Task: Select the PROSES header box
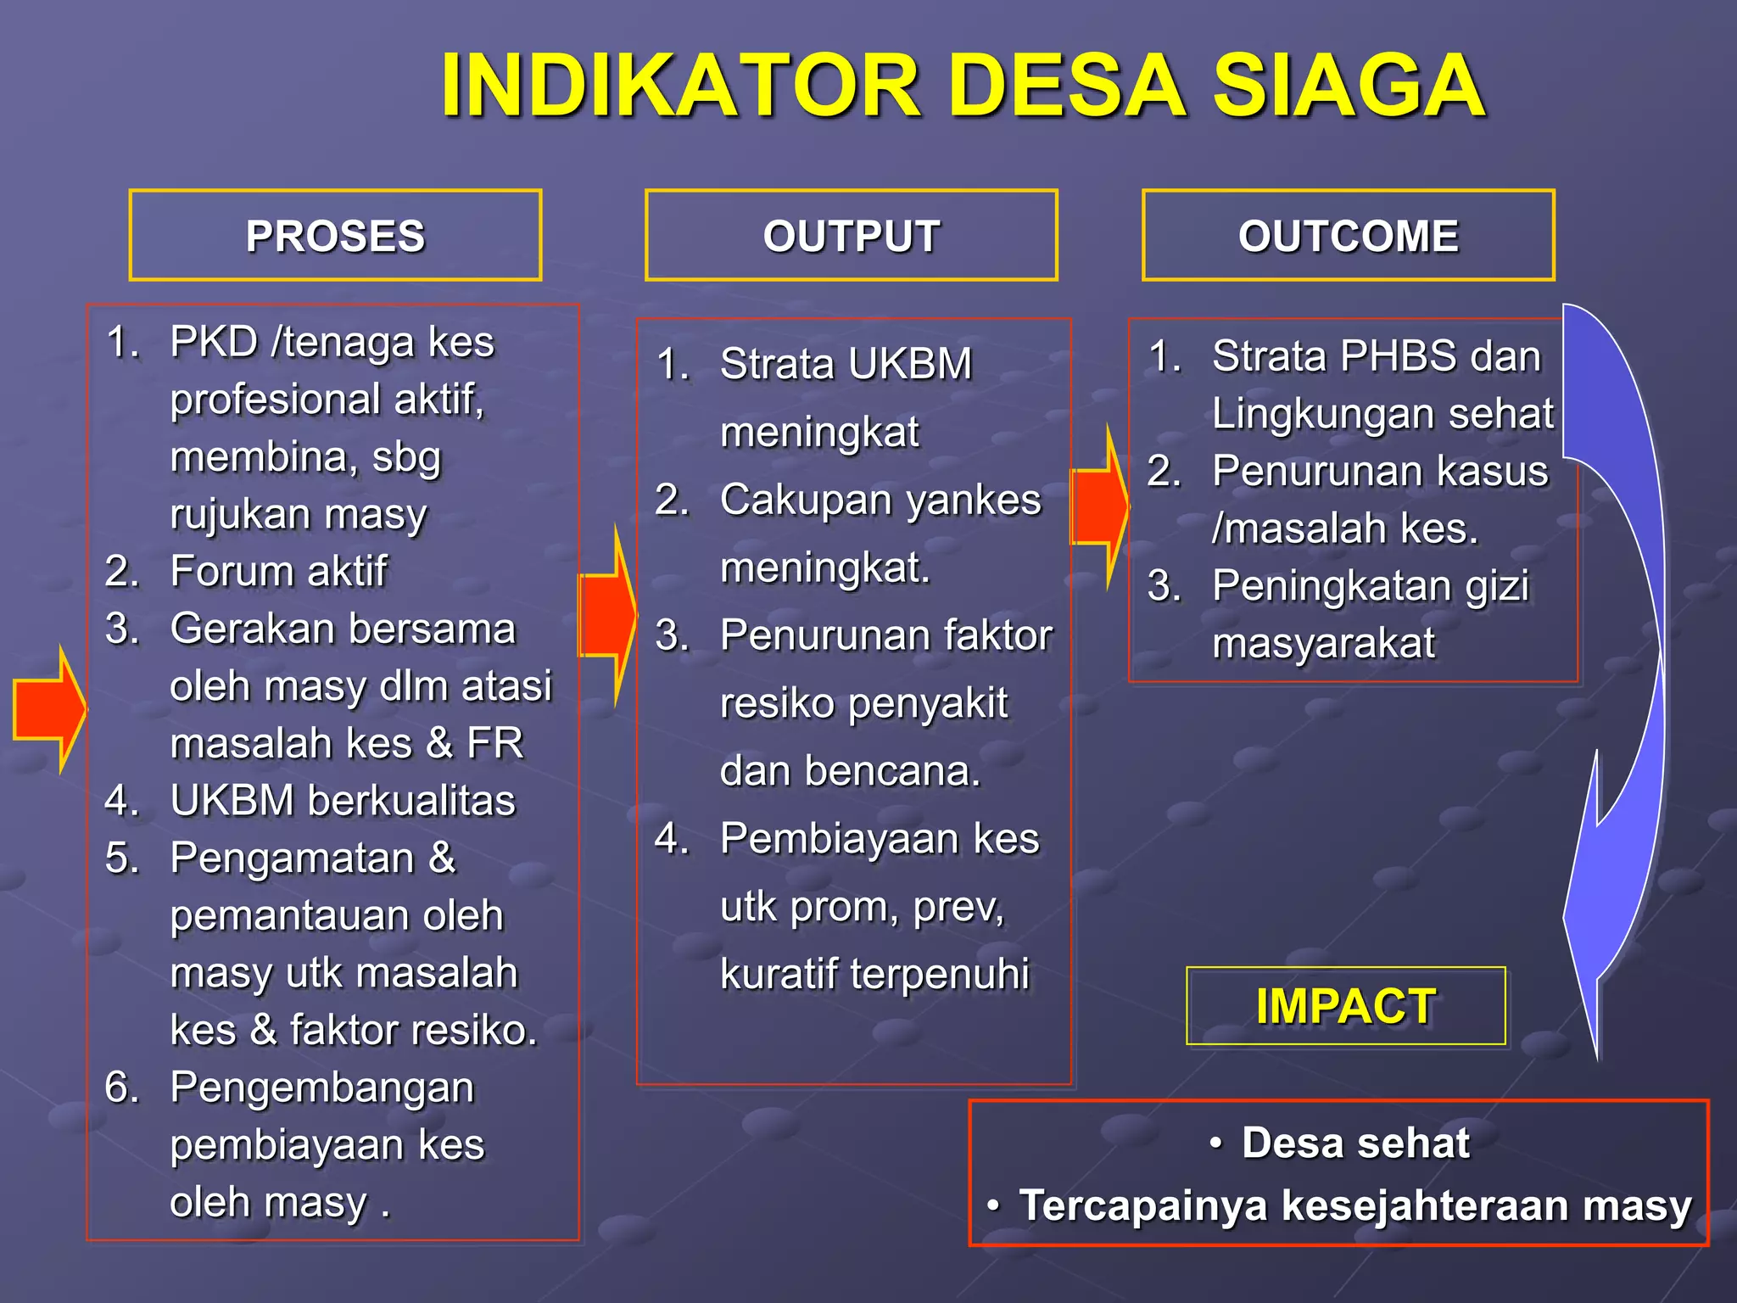pos(335,236)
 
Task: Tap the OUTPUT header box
pos(851,236)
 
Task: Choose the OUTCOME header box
pos(1348,236)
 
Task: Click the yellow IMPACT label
pos(1345,1006)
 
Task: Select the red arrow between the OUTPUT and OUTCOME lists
pos(1100,506)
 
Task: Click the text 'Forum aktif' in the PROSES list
pos(278,571)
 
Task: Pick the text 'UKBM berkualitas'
pos(343,800)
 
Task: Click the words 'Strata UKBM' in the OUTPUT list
pos(846,364)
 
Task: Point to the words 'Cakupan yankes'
pos(880,500)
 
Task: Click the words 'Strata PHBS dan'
pos(1376,355)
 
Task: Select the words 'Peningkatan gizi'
pos(1370,585)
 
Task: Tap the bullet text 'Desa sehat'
pos(1354,1143)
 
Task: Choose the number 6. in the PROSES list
pos(122,1087)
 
